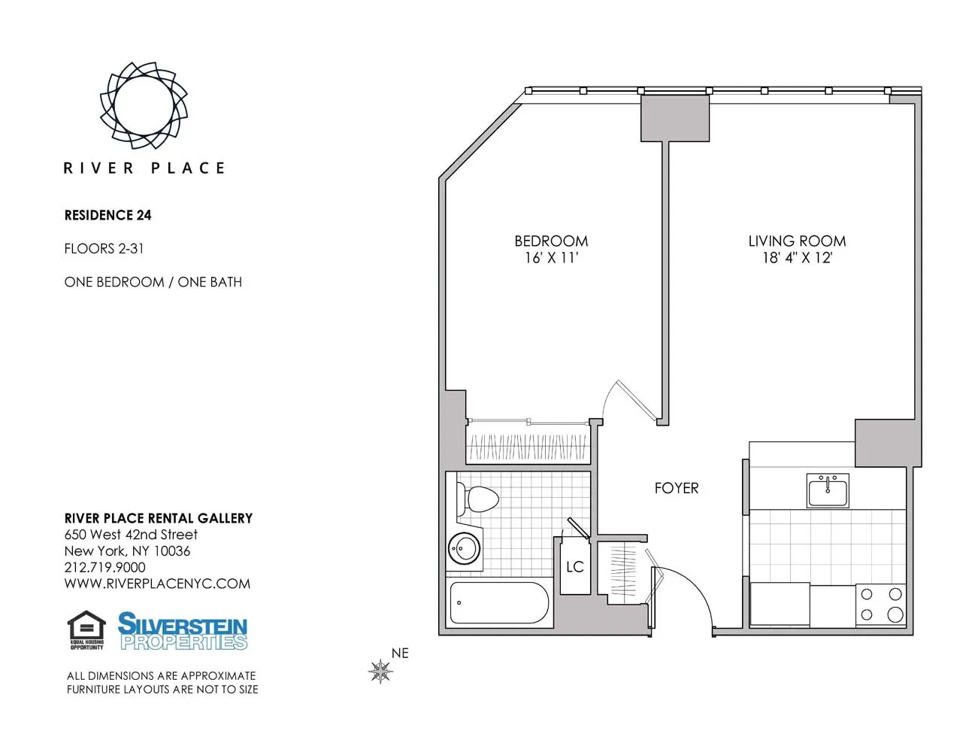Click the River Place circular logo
(x=144, y=105)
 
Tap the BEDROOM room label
(x=551, y=241)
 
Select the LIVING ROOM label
(x=797, y=241)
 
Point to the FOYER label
(x=677, y=488)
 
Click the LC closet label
(x=575, y=567)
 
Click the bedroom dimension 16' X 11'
(x=551, y=258)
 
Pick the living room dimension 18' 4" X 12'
(x=797, y=258)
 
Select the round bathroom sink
(x=465, y=549)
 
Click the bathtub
(x=499, y=603)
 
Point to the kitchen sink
(x=828, y=491)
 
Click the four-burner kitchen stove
(x=881, y=605)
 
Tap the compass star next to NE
(x=381, y=671)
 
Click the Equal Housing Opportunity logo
(x=86, y=630)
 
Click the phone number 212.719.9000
(x=105, y=568)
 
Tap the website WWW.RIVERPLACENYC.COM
(x=157, y=584)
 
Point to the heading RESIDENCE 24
(x=108, y=215)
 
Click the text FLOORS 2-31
(x=104, y=249)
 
